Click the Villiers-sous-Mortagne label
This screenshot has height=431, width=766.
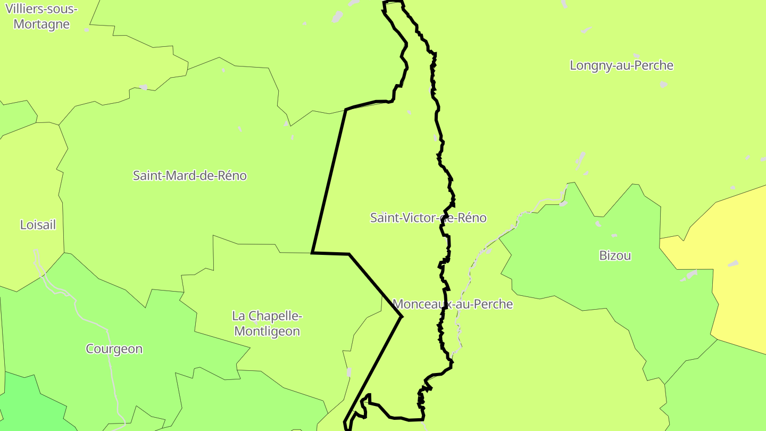[x=41, y=16]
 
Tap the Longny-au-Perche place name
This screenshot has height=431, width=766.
[x=621, y=65]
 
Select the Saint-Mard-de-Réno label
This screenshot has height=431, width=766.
[x=189, y=176]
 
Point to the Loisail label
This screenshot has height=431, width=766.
[x=38, y=225]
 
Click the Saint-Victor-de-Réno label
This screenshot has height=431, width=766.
[x=428, y=218]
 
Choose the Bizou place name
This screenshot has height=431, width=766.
[x=615, y=255]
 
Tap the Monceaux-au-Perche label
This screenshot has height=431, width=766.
[x=453, y=304]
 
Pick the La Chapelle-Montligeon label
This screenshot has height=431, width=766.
[x=267, y=324]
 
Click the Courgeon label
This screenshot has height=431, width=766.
[x=114, y=349]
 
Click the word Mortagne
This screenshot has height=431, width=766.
[x=41, y=24]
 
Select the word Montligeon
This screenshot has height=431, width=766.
[x=267, y=331]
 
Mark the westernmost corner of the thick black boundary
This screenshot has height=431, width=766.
[x=312, y=252]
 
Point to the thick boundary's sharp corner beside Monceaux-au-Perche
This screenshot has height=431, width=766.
[x=402, y=317]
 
